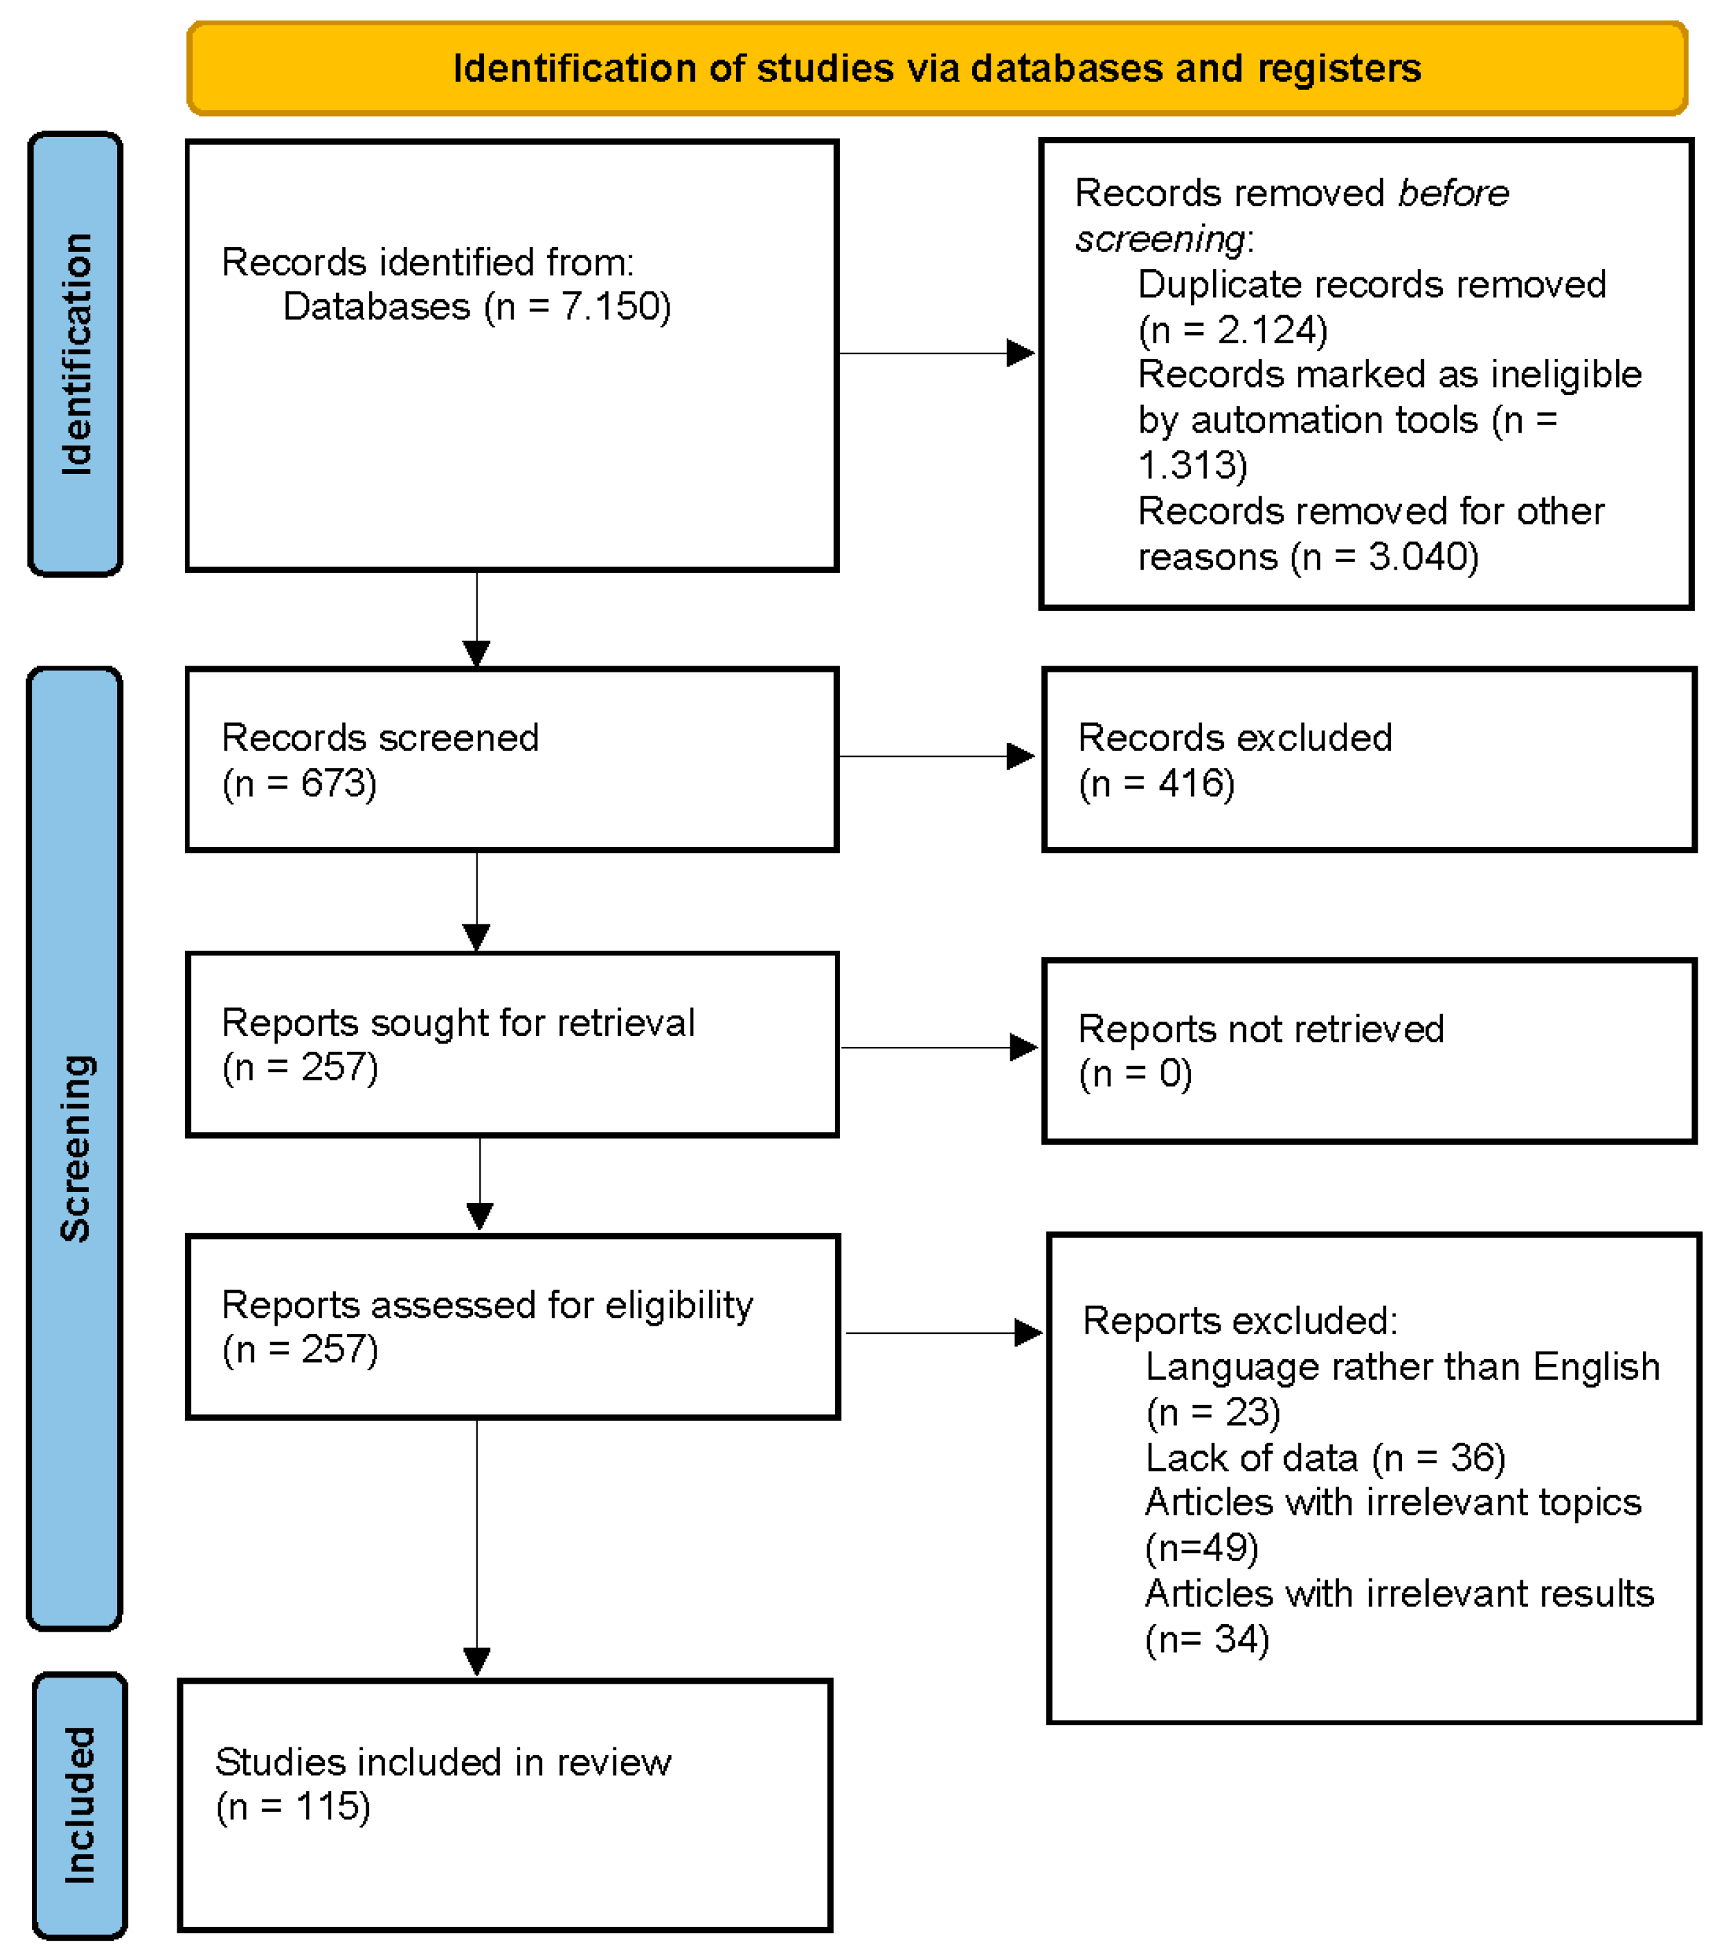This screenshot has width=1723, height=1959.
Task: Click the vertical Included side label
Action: pos(79,1806)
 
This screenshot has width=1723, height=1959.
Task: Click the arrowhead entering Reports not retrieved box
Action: pos(1023,1048)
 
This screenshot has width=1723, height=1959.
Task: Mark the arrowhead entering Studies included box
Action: pos(476,1661)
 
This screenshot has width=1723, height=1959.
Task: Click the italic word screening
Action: pos(1160,239)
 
